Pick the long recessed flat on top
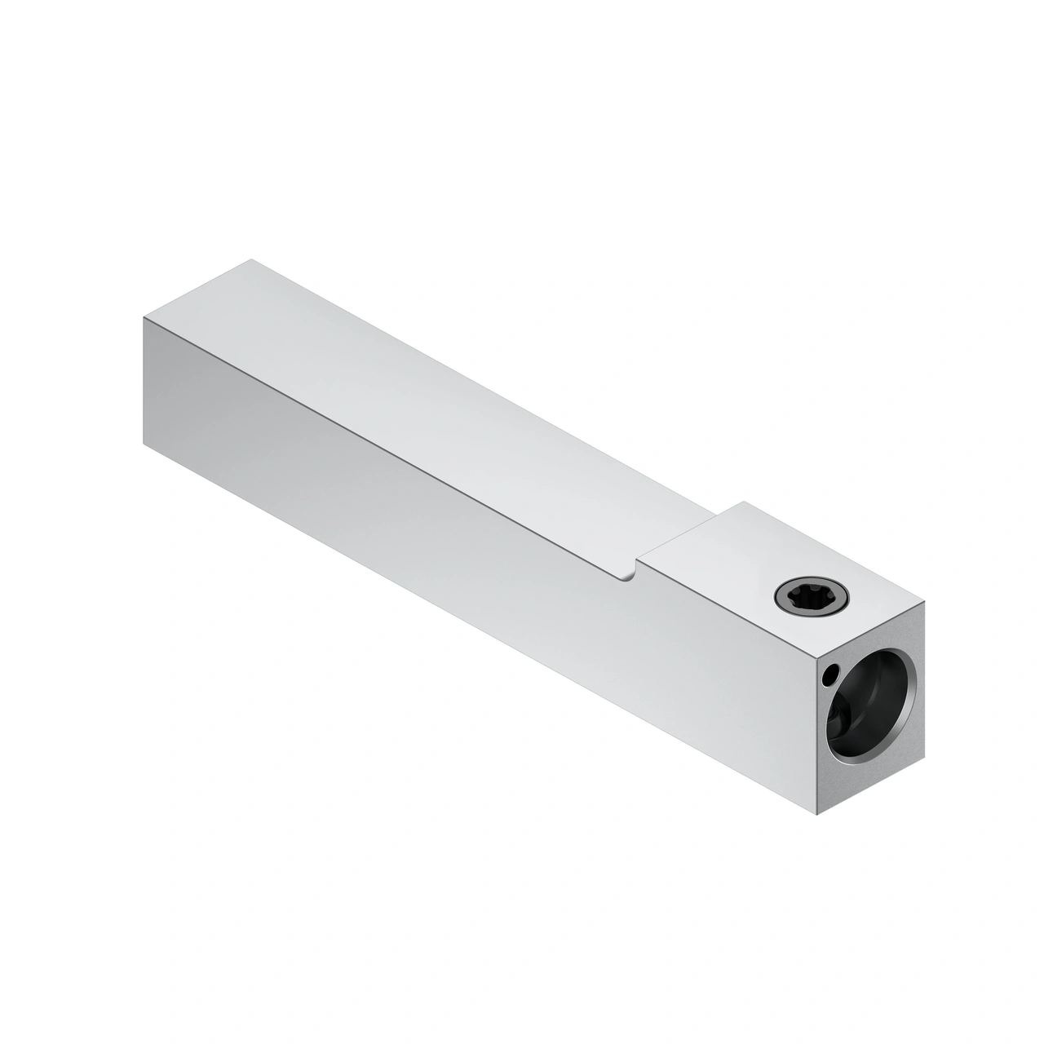pos(424,408)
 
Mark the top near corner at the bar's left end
pos(144,317)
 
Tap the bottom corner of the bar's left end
pos(144,445)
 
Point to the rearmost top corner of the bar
pos(252,260)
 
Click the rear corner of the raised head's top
pos(744,502)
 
